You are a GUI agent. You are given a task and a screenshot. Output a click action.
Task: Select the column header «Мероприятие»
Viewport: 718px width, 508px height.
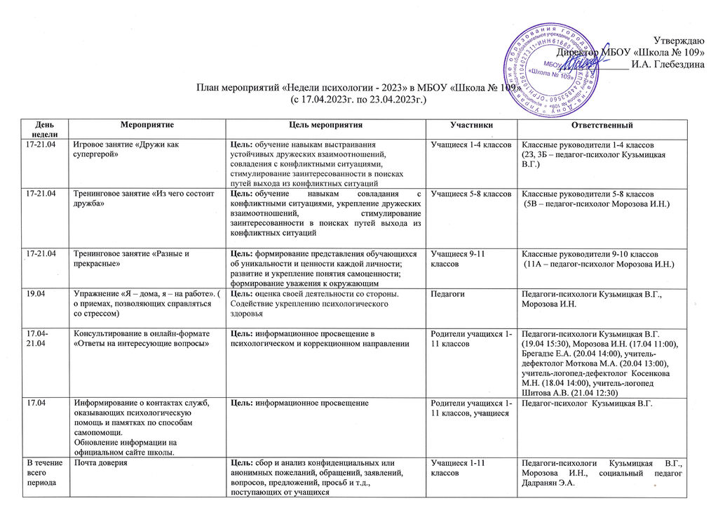pos(147,125)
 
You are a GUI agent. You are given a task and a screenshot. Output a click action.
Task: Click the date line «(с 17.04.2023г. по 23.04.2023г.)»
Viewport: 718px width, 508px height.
pos(358,101)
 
